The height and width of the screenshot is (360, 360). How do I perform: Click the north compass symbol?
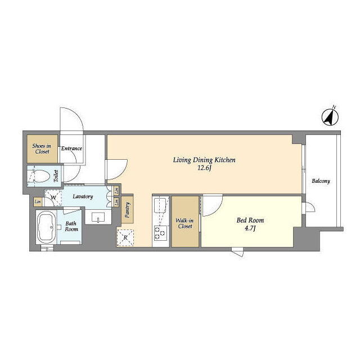tap(330, 118)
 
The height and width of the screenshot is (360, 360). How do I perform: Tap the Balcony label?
tap(321, 181)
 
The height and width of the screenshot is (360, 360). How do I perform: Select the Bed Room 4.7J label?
tap(250, 224)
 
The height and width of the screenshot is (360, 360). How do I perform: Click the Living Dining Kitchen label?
tap(204, 164)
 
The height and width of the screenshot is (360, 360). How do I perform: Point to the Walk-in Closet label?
tap(185, 223)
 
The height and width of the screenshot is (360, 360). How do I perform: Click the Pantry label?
tap(128, 210)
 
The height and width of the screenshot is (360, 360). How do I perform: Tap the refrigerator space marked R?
tap(125, 237)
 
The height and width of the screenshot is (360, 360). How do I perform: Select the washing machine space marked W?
tap(53, 197)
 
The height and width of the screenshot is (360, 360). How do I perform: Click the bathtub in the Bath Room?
tap(46, 227)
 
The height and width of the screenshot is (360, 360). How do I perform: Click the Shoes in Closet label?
tap(42, 148)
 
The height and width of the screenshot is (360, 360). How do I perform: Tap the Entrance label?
tap(71, 148)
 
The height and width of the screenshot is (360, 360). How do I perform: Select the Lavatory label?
tap(83, 196)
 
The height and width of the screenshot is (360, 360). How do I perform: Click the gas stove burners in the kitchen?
tap(160, 233)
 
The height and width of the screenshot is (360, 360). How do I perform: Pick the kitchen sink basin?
tap(160, 205)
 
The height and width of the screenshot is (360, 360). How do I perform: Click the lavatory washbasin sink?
tap(98, 217)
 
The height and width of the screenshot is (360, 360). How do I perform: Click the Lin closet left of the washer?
tap(38, 201)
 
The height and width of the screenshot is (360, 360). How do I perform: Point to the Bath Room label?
tap(71, 226)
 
